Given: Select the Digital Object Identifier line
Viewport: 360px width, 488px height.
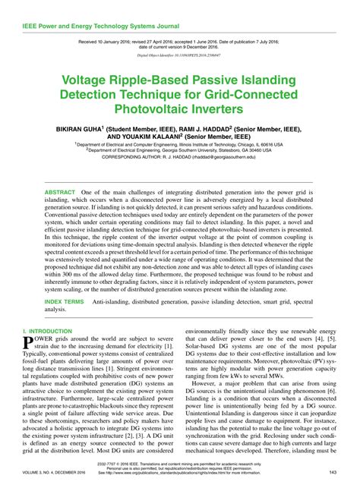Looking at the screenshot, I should tap(179, 55).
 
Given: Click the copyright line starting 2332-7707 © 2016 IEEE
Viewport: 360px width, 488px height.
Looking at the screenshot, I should tap(180, 462).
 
